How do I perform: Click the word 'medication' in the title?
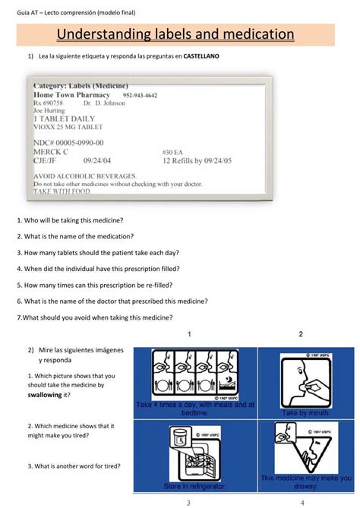pyautogui.click(x=253, y=35)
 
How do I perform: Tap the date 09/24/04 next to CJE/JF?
pyautogui.click(x=99, y=160)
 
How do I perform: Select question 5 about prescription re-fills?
pyautogui.click(x=93, y=286)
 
